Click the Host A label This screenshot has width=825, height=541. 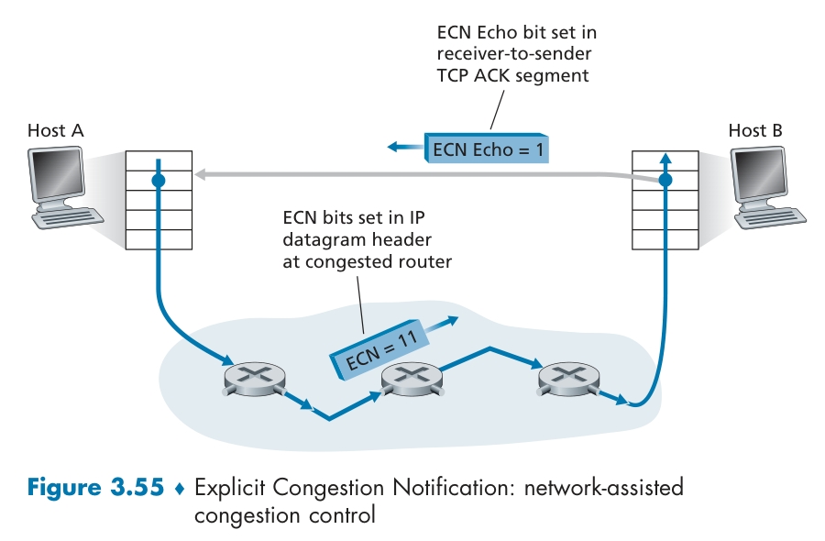point(55,130)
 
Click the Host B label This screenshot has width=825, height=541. point(755,130)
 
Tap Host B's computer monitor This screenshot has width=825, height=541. point(762,177)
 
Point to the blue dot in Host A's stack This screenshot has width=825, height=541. point(159,181)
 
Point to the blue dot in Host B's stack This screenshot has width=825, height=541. point(665,181)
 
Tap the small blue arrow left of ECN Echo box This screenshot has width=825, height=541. point(401,147)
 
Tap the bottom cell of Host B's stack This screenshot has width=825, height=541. point(665,240)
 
